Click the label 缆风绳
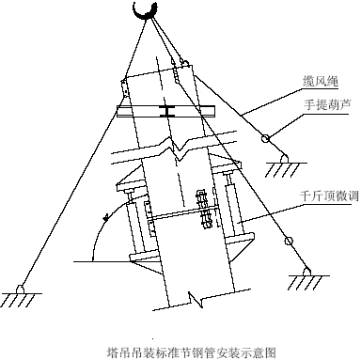(x=321, y=82)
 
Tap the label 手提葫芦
(x=326, y=105)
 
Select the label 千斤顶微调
(x=329, y=196)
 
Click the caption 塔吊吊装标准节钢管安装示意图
(x=192, y=352)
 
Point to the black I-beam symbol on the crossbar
(x=166, y=112)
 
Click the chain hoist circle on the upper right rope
(x=265, y=138)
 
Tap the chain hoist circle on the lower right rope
(x=289, y=241)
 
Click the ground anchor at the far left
(x=21, y=294)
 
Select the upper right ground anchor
(x=285, y=165)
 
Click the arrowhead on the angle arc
(x=106, y=217)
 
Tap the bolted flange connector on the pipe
(x=204, y=210)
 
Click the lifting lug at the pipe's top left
(x=125, y=87)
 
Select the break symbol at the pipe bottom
(x=196, y=299)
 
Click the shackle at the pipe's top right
(x=185, y=63)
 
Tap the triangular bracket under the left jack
(x=148, y=265)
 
